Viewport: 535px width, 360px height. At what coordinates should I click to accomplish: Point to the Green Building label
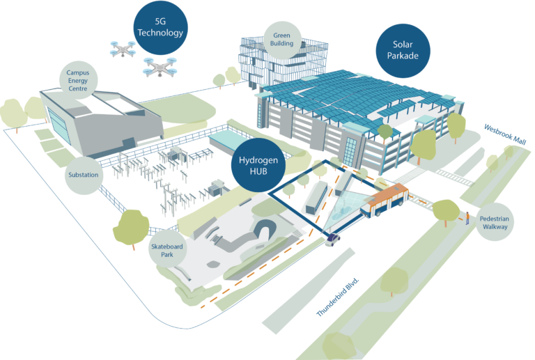click(x=282, y=39)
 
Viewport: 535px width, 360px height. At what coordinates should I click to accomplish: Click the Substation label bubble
click(x=84, y=174)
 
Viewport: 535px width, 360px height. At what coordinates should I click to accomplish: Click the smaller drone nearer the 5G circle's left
click(x=122, y=48)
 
